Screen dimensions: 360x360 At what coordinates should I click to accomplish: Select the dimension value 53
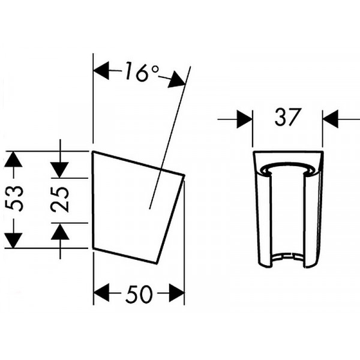14,199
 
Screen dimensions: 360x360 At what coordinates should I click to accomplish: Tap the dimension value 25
60,199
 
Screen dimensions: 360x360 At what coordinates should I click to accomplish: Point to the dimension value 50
139,293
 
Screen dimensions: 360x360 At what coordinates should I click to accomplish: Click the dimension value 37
287,117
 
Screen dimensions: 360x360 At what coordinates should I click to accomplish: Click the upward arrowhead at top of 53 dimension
13,159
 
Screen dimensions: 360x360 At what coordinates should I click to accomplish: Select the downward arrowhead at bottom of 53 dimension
13,241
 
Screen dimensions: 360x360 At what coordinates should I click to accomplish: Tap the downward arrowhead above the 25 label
59,170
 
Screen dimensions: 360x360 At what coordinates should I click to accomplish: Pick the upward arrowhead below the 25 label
60,232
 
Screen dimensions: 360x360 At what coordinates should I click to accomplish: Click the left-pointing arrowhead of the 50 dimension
101,293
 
